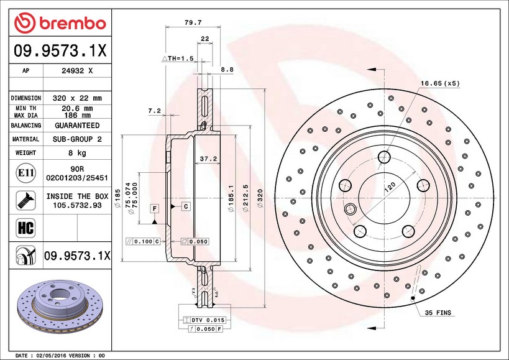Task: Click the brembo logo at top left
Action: coord(59,24)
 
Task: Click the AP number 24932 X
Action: coord(78,71)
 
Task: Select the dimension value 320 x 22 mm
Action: coord(78,98)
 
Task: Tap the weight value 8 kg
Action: coord(78,152)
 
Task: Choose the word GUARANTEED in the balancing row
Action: coord(78,126)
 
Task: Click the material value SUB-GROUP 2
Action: coord(78,139)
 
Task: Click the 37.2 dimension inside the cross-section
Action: coord(208,159)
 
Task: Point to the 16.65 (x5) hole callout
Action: coord(440,83)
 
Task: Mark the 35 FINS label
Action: coord(439,312)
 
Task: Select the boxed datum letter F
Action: coord(154,206)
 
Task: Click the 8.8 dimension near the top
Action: coord(227,70)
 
